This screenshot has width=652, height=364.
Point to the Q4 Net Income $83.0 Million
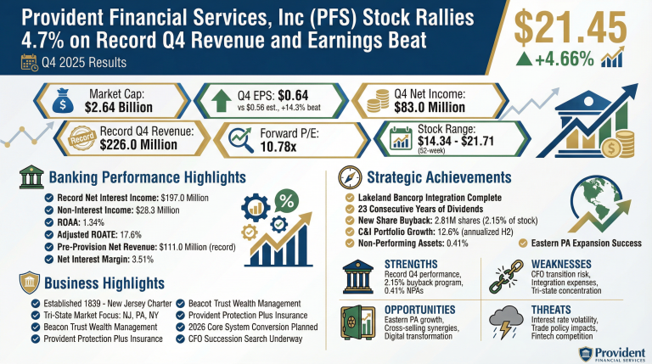pos(442,108)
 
